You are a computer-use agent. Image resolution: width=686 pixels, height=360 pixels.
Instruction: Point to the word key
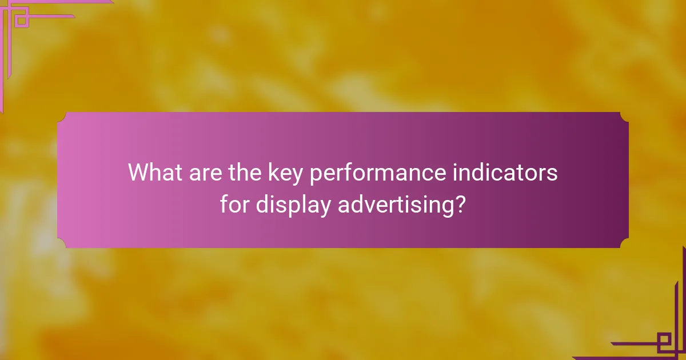287,173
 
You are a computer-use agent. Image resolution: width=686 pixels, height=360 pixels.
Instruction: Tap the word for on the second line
235,204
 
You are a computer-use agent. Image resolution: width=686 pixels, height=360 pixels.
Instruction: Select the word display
293,205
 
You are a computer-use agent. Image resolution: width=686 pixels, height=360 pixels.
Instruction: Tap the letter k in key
273,172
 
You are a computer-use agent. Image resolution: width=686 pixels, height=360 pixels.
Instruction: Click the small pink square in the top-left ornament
22,21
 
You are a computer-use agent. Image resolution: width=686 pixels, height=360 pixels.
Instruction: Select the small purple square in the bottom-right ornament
664,342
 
